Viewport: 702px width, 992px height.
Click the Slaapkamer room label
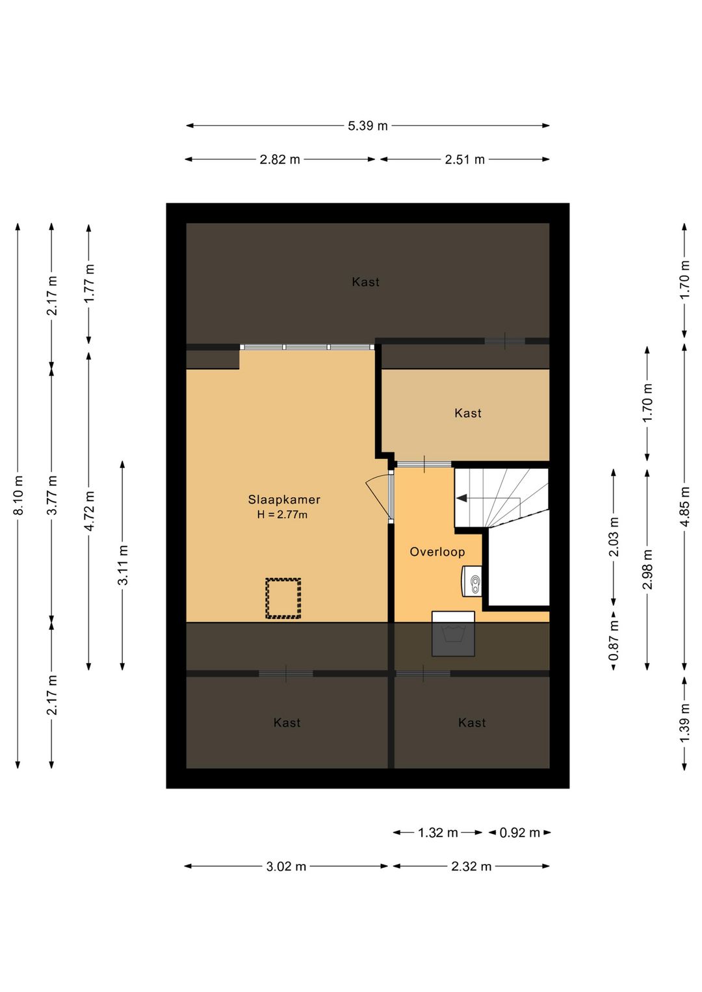(284, 499)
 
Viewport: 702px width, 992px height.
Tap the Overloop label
(437, 552)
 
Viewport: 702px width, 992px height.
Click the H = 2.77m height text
(282, 515)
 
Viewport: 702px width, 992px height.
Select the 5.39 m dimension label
(367, 125)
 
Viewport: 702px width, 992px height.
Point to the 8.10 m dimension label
(18, 495)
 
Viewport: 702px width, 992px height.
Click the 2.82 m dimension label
(279, 159)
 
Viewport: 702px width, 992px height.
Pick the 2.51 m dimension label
(465, 159)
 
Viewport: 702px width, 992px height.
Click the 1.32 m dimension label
(437, 833)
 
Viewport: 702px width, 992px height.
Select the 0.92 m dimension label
(519, 833)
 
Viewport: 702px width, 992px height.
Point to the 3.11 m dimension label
(123, 565)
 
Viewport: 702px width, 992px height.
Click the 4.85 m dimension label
(684, 506)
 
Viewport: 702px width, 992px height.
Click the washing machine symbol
(453, 634)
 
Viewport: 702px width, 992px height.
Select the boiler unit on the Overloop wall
(472, 581)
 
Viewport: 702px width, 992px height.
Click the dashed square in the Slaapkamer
(283, 598)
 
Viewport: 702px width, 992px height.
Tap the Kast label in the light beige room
(468, 413)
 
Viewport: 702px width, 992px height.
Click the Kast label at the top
(365, 282)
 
